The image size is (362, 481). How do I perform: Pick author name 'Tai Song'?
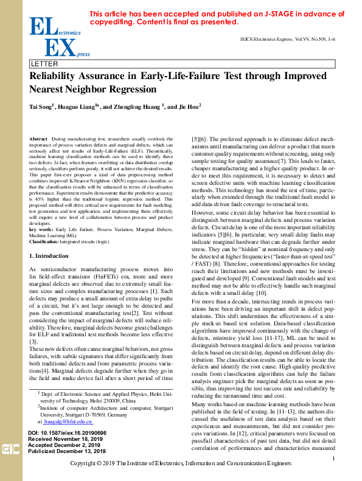pos(41,106)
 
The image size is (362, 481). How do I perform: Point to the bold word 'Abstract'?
pos(39,139)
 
